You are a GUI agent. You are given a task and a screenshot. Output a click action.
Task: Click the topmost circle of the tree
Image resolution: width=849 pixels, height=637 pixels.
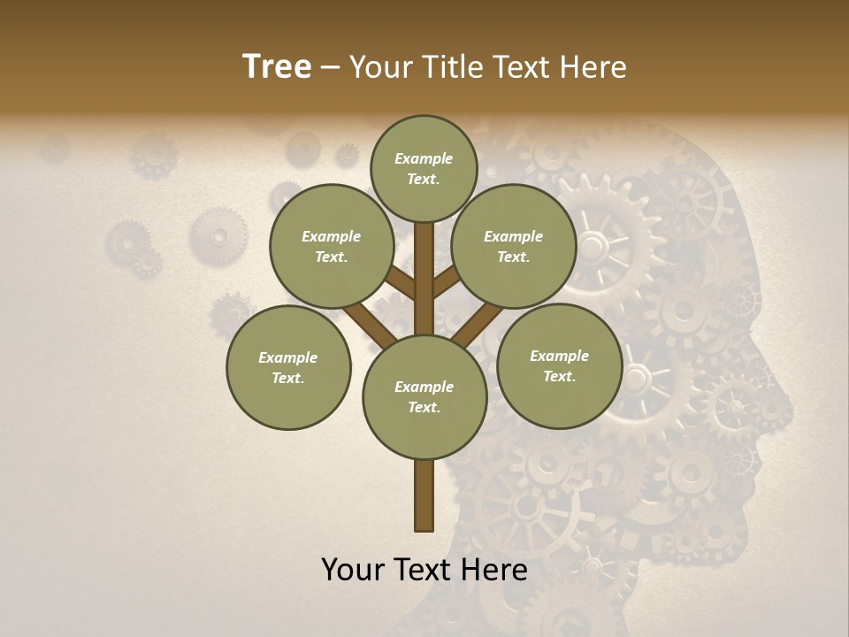click(x=424, y=168)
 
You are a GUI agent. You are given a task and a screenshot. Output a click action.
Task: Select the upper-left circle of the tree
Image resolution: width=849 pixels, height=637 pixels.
click(x=332, y=246)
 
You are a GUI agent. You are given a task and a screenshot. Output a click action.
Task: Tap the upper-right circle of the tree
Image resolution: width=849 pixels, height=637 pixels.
click(x=514, y=246)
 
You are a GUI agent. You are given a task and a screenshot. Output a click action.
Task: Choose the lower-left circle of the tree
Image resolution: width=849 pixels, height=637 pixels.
click(x=288, y=367)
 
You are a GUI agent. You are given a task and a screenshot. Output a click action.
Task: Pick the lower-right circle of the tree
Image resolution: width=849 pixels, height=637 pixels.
click(x=559, y=365)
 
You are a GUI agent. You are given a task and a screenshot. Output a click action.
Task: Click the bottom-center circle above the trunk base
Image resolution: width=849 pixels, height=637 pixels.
click(x=424, y=397)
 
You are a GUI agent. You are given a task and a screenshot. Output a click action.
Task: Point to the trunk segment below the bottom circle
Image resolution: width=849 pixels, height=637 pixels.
click(x=424, y=495)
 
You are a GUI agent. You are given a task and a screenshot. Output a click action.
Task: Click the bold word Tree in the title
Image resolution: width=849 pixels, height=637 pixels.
click(x=277, y=66)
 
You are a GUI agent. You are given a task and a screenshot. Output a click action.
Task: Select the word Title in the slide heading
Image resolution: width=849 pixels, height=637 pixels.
click(x=452, y=67)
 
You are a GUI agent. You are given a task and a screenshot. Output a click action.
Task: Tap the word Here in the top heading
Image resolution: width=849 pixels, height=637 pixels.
click(x=596, y=67)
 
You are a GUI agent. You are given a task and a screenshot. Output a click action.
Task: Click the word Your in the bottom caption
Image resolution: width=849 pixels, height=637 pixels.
click(x=353, y=570)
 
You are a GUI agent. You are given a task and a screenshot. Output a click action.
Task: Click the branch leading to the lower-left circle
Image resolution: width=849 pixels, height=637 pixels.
click(x=371, y=325)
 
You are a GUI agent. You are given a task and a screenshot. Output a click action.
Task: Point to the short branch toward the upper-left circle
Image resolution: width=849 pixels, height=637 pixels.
click(x=401, y=284)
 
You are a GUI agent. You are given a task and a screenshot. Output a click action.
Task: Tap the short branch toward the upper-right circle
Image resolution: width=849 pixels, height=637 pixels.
click(x=447, y=281)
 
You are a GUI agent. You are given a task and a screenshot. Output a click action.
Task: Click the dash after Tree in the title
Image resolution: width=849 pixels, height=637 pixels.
click(x=330, y=67)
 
